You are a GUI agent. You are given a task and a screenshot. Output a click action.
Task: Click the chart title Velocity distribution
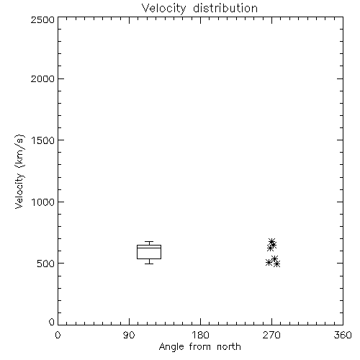click(199, 8)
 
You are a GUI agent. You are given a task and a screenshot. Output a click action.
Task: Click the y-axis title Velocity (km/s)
click(19, 171)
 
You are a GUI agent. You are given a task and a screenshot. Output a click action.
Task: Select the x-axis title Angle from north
click(199, 347)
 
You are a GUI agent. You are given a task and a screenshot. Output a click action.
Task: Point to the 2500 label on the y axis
click(42, 19)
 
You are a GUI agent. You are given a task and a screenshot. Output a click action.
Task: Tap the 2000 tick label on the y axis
click(42, 78)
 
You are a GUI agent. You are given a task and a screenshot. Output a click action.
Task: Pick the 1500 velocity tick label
click(43, 140)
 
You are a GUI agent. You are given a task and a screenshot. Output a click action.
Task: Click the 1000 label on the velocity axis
click(43, 202)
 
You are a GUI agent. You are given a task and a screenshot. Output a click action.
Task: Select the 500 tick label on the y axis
click(45, 264)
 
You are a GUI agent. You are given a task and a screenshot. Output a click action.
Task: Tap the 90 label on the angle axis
click(129, 335)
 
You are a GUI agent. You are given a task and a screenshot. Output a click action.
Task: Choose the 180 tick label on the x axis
click(200, 335)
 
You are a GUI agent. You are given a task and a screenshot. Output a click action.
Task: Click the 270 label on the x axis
click(271, 335)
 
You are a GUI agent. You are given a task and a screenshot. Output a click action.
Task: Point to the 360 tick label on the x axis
click(343, 335)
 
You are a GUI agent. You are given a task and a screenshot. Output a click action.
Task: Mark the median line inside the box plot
click(149, 248)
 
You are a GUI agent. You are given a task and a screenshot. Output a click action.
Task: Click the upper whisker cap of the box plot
click(149, 241)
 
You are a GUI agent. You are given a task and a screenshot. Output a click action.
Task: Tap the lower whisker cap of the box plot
click(149, 264)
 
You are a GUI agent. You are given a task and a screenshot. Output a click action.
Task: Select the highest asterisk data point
click(271, 241)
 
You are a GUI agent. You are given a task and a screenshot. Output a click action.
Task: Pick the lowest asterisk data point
click(277, 264)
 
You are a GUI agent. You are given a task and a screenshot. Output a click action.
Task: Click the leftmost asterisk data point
click(269, 262)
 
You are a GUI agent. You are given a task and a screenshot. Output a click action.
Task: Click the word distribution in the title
click(225, 8)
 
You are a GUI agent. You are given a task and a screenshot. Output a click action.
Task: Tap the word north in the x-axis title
click(229, 347)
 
